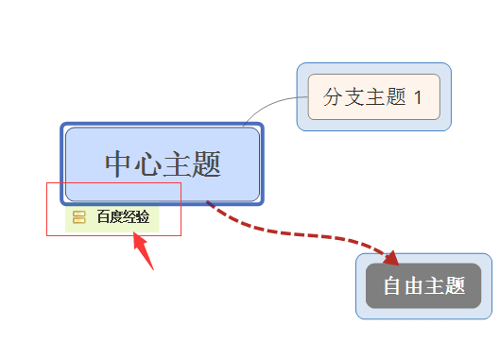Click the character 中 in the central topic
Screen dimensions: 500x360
[x=119, y=164]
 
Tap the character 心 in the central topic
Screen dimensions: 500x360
[x=148, y=164]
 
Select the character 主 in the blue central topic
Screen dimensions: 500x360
[x=178, y=164]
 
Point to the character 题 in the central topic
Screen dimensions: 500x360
[x=206, y=164]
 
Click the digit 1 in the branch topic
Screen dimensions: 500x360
[x=420, y=97]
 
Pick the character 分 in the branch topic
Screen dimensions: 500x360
[x=333, y=97]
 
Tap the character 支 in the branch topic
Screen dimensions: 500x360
[x=353, y=97]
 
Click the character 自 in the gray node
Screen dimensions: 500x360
[x=391, y=286]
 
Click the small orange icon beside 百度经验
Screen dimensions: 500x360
[x=79, y=217]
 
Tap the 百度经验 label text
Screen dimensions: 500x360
[x=123, y=217]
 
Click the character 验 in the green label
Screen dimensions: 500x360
[x=143, y=217]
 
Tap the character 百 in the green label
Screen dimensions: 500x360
[x=103, y=217]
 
